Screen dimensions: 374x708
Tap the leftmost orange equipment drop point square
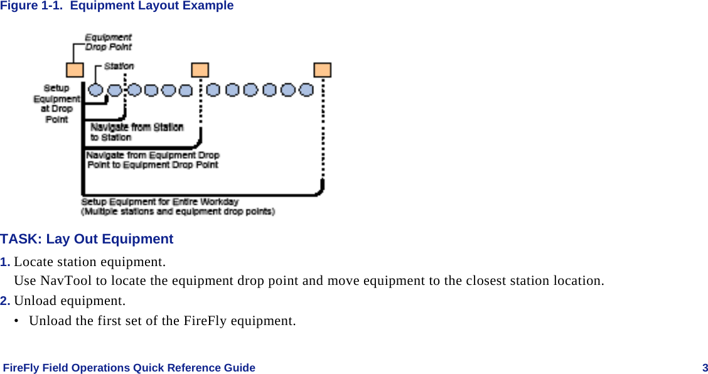tap(75, 70)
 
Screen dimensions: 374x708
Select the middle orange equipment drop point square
tap(200, 70)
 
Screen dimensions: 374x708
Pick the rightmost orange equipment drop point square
tap(323, 70)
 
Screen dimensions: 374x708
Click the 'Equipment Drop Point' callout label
tap(109, 42)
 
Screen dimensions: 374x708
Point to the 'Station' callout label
tap(119, 65)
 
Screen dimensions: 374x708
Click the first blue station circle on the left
tap(97, 90)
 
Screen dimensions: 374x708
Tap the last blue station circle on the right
tap(306, 90)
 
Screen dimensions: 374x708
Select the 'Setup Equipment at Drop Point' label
tap(57, 104)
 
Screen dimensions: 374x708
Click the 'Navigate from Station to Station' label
tap(136, 132)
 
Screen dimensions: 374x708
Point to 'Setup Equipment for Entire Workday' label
tap(160, 202)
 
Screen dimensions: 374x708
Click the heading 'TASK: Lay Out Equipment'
tap(87, 239)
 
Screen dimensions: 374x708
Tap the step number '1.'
tap(5, 262)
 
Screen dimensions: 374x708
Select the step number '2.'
tap(5, 301)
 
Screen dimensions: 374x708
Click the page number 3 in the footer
tap(705, 368)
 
